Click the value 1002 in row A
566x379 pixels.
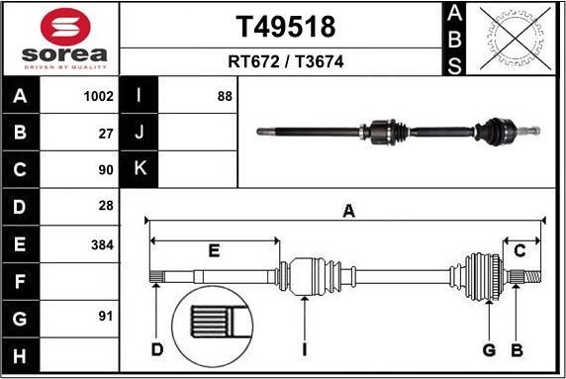click(x=99, y=97)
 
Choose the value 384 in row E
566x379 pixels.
click(x=103, y=243)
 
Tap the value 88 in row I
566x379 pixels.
click(x=225, y=97)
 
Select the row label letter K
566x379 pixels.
click(x=140, y=168)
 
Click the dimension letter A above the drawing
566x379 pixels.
click(x=348, y=210)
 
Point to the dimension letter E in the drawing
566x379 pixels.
click(x=214, y=251)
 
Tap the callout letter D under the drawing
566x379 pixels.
click(x=156, y=349)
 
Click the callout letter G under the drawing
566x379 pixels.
click(x=488, y=349)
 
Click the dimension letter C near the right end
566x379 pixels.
click(x=519, y=250)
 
